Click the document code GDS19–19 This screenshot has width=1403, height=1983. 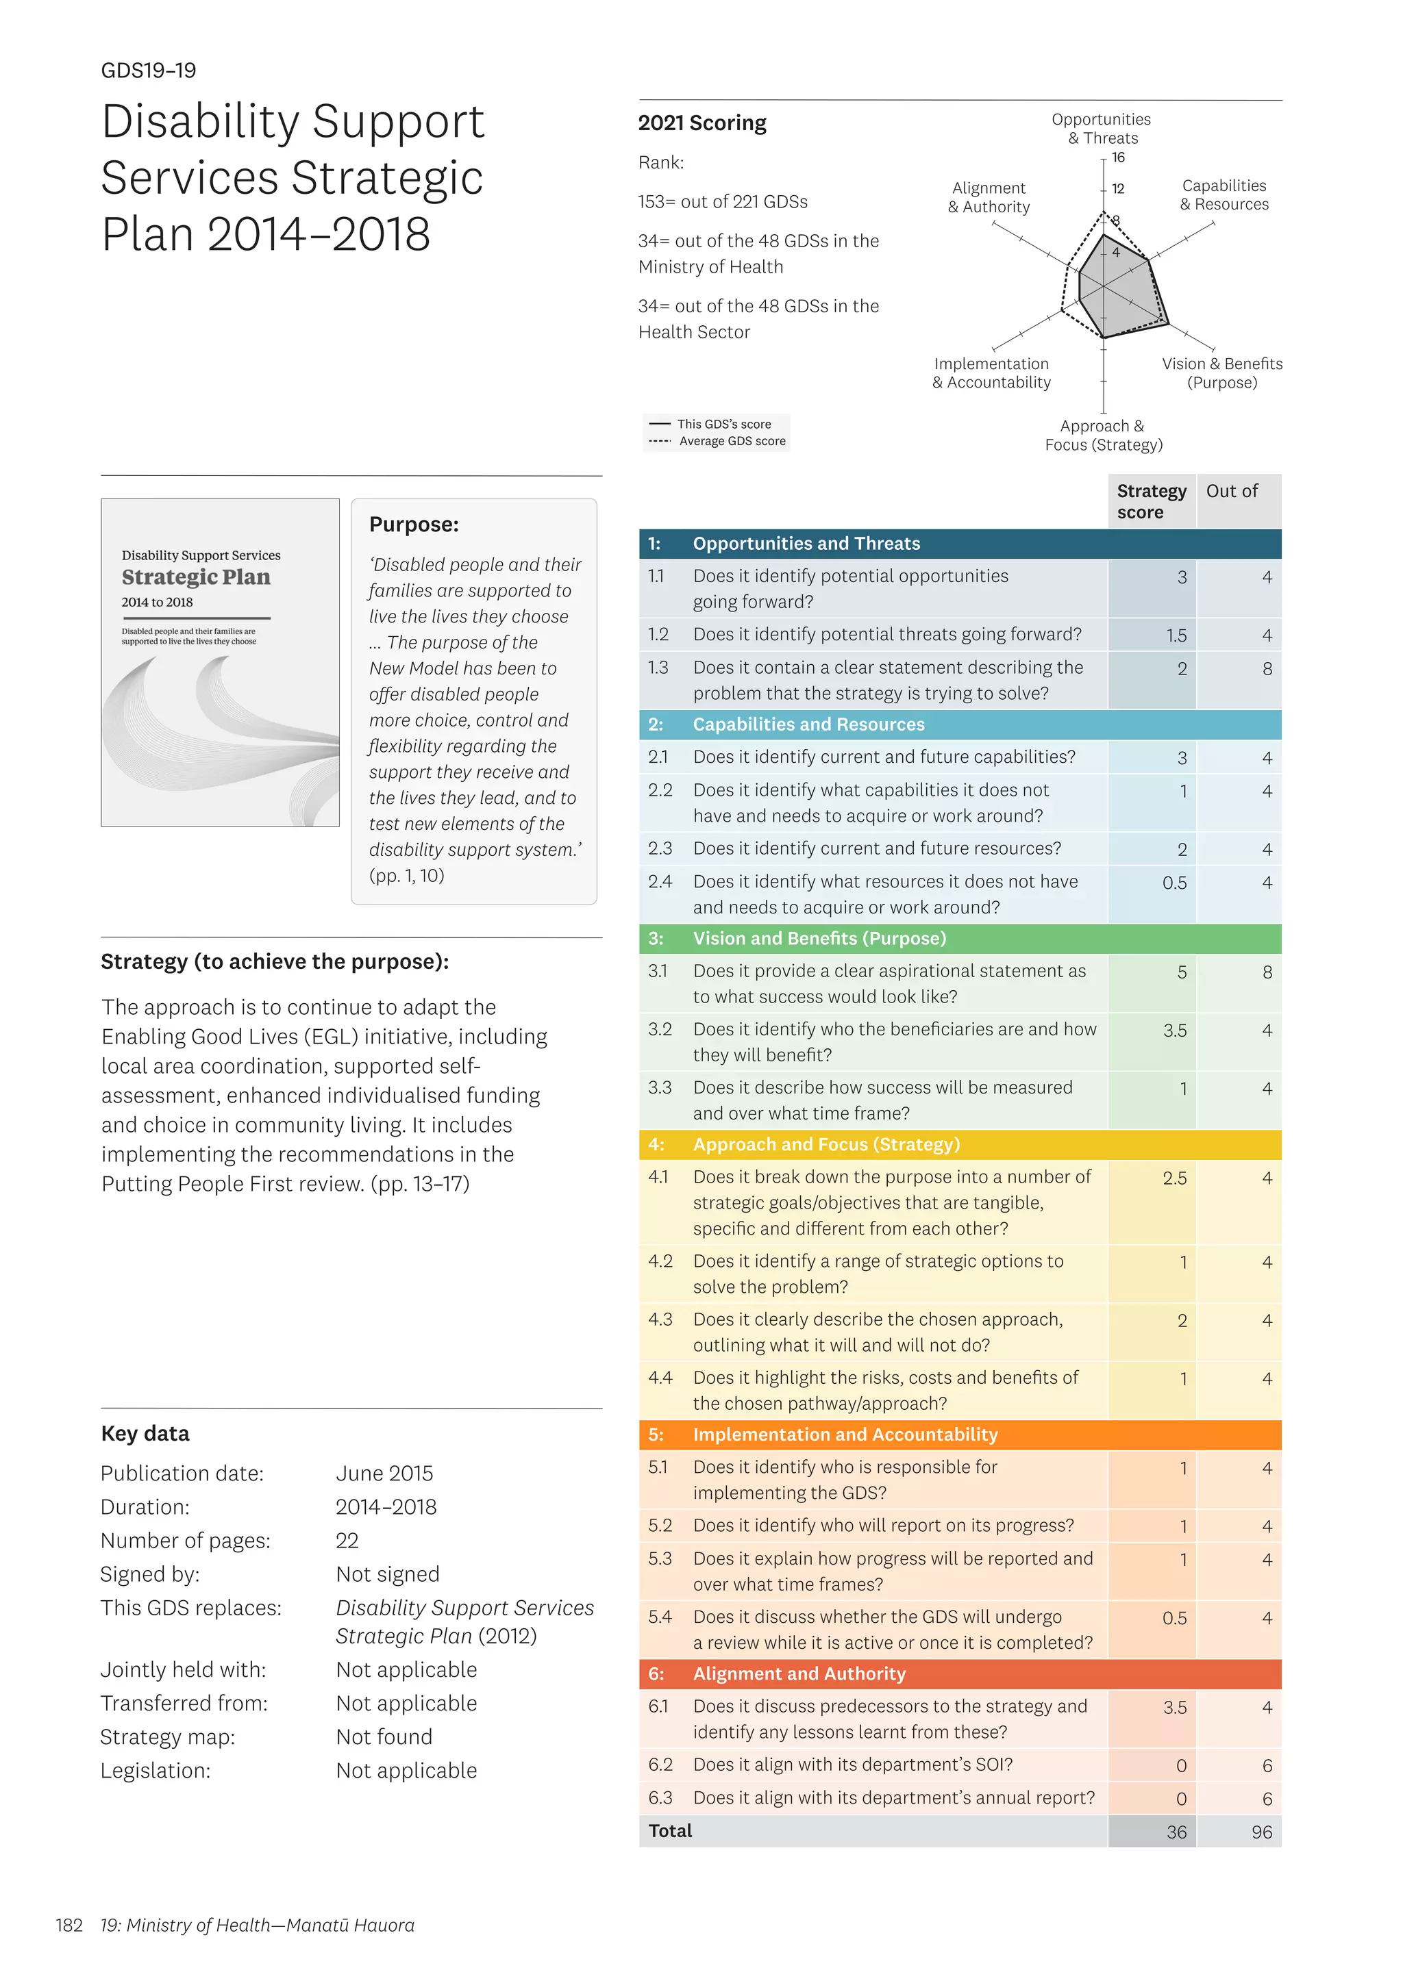149,71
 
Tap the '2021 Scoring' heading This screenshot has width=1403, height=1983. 701,123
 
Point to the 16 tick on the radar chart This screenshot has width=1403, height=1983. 1118,157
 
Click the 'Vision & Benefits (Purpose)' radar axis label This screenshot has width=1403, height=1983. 1221,373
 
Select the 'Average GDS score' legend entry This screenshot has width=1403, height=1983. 732,442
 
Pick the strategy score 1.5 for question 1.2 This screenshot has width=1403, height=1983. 1175,635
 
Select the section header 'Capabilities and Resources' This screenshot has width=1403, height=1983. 808,724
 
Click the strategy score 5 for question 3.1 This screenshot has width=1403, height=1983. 1181,972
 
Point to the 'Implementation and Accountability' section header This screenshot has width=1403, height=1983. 844,1435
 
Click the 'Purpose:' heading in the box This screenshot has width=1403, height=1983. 414,525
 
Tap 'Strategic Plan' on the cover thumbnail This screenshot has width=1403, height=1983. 196,577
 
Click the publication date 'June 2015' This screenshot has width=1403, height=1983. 384,1474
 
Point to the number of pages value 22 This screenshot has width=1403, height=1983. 347,1541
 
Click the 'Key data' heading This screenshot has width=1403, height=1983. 145,1434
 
